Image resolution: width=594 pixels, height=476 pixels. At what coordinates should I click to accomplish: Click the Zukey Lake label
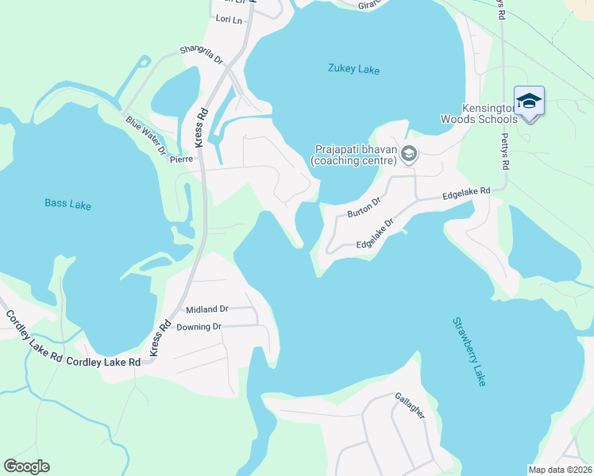353,70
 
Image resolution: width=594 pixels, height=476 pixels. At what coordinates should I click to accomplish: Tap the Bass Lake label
67,205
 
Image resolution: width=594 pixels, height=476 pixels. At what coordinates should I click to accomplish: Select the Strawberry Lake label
469,351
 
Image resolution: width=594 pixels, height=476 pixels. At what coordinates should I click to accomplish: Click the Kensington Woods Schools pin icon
529,102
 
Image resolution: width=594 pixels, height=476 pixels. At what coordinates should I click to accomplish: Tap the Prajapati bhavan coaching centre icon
409,153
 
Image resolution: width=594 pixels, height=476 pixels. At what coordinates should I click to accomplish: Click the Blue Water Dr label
145,135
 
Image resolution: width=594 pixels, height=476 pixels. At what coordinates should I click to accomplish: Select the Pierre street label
182,159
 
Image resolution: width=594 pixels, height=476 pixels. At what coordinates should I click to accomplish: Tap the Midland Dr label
206,309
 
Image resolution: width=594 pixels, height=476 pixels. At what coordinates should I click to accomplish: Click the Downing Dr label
199,327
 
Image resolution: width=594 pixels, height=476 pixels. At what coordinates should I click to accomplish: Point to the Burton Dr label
365,209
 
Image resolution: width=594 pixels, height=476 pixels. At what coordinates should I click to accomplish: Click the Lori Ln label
229,17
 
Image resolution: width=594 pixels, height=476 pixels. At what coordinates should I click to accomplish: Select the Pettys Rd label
503,149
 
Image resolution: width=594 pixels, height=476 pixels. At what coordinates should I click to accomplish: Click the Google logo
26,466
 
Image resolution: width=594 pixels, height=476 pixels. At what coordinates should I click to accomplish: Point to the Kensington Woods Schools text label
479,113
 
